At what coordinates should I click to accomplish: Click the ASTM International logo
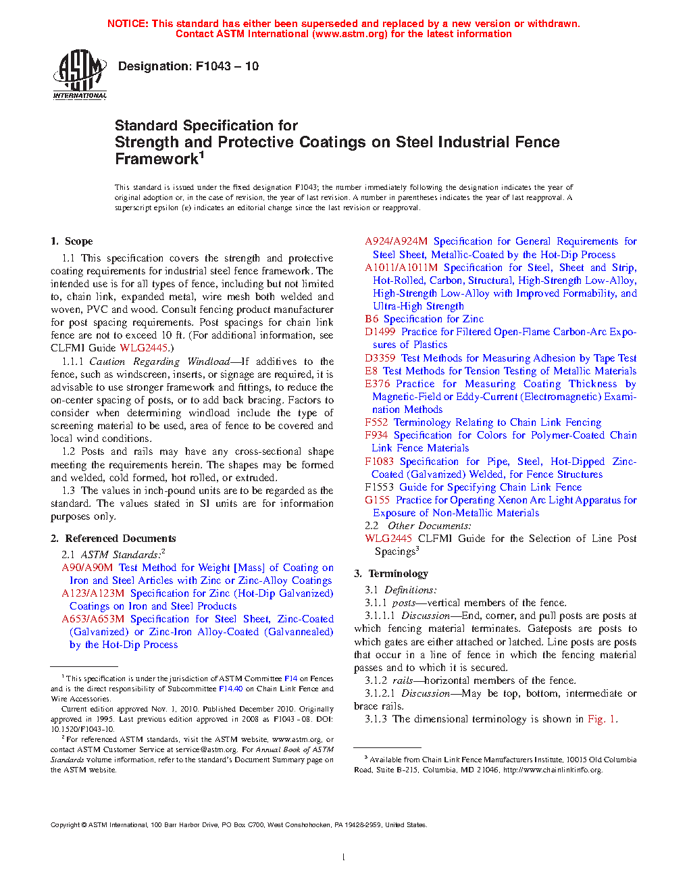click(x=80, y=74)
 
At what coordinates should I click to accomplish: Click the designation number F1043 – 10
click(x=227, y=66)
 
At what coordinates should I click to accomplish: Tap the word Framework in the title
click(x=156, y=159)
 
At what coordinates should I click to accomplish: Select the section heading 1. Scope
click(x=72, y=241)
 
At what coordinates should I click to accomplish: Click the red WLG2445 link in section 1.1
click(x=144, y=348)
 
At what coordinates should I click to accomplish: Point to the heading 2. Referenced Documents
click(x=113, y=539)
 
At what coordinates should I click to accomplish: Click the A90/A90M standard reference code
click(x=87, y=568)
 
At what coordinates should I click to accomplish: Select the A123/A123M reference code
click(x=93, y=593)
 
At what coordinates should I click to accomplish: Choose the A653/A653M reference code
click(x=93, y=619)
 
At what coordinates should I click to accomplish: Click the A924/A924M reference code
click(x=397, y=241)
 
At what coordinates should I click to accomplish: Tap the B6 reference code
click(x=372, y=319)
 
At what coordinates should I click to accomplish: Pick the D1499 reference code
click(x=380, y=332)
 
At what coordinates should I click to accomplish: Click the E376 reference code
click(x=378, y=384)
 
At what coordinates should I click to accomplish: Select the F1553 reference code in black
click(x=379, y=487)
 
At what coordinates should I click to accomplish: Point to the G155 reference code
click(x=378, y=500)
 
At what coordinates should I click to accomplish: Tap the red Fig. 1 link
click(x=601, y=719)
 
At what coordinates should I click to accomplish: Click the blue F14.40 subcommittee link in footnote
click(x=230, y=689)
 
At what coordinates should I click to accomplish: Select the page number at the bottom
click(x=344, y=858)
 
